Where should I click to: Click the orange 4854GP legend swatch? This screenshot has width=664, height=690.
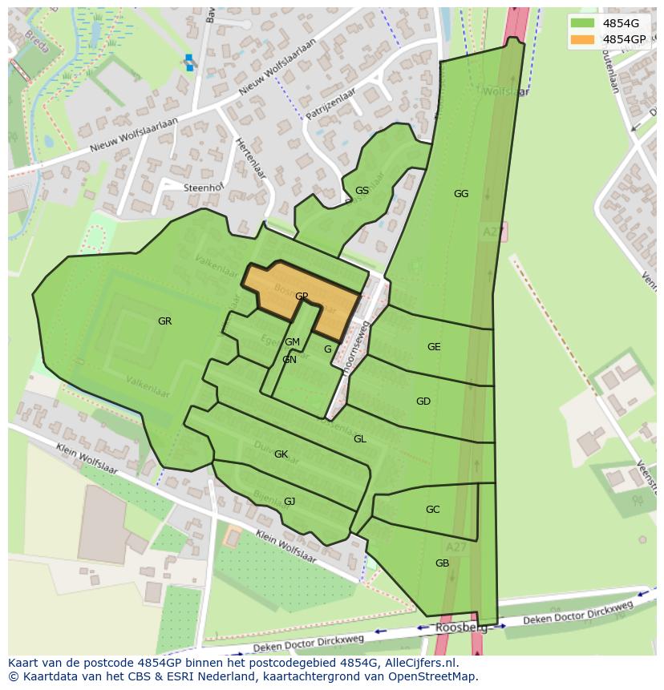click(x=583, y=39)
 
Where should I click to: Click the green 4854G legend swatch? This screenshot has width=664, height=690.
click(x=583, y=23)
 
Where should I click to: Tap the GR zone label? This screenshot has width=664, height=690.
click(x=164, y=321)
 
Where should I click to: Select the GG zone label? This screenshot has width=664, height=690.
click(x=460, y=194)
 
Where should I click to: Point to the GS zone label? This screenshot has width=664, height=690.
click(x=362, y=191)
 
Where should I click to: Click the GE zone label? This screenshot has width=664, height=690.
click(x=434, y=347)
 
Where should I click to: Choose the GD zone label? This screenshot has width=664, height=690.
click(x=423, y=401)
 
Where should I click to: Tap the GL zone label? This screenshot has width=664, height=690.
click(x=360, y=439)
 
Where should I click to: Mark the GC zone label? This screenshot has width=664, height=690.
click(x=432, y=510)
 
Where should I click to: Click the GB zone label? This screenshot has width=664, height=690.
click(x=442, y=563)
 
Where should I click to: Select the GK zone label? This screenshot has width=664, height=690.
click(x=281, y=454)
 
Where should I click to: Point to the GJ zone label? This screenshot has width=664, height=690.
click(x=289, y=502)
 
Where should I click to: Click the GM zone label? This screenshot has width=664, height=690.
click(x=292, y=342)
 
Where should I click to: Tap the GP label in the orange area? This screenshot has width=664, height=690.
click(x=302, y=297)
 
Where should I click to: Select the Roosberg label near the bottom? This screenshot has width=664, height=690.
click(x=456, y=628)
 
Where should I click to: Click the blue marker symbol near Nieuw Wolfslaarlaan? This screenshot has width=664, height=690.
click(x=189, y=62)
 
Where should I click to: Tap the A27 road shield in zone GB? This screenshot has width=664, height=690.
click(x=456, y=547)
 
